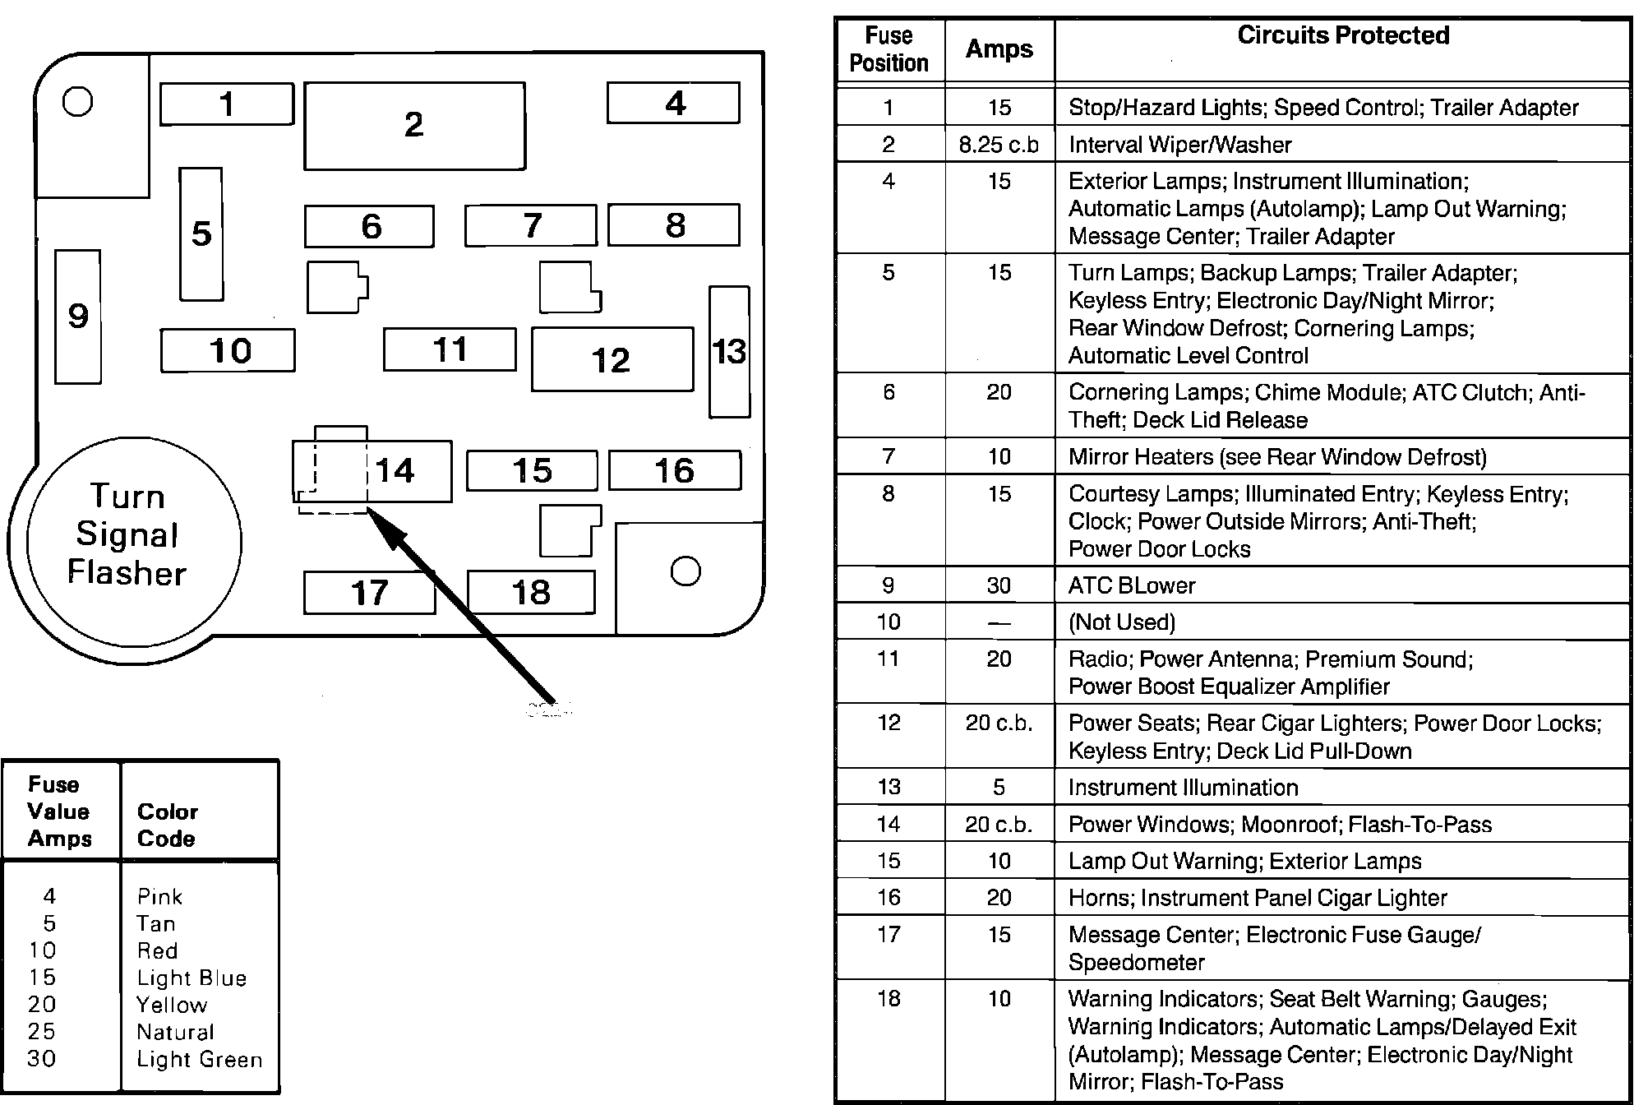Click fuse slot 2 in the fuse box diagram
coord(414,126)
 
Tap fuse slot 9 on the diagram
coord(78,317)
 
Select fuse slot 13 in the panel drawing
coord(729,352)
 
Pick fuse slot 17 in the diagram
coord(369,593)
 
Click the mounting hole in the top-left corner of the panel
coord(78,102)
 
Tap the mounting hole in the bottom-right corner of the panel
coord(685,571)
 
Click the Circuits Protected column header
coord(1342,35)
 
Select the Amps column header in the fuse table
coord(999,49)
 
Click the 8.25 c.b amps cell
coord(999,145)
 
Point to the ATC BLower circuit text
coord(1132,585)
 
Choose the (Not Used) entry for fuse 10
coord(1122,622)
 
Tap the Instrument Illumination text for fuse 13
coord(1183,788)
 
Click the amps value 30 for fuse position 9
coord(999,585)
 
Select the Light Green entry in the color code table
coord(199,1060)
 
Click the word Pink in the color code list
coord(159,896)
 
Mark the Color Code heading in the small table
coord(167,825)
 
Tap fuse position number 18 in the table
coord(889,999)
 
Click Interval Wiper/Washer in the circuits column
coord(1179,145)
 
